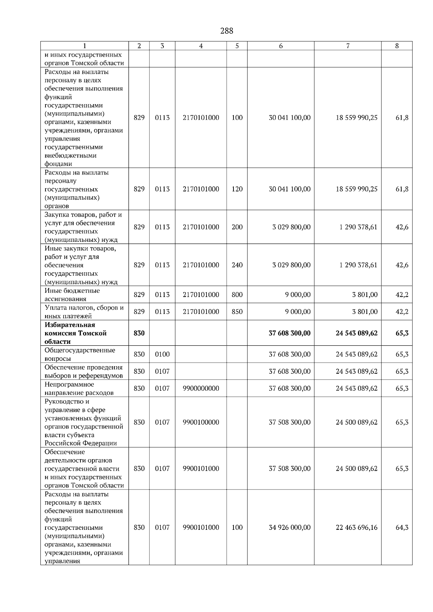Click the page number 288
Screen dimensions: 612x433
click(x=227, y=31)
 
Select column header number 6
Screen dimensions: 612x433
click(x=280, y=46)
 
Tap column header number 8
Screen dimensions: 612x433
click(x=397, y=46)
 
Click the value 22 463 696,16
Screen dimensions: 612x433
click(x=357, y=527)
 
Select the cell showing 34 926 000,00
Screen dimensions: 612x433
click(x=289, y=527)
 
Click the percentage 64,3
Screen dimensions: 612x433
click(x=402, y=527)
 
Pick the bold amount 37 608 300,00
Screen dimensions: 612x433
click(x=289, y=333)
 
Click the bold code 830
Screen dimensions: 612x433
click(x=139, y=333)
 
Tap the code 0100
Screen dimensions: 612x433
click(x=162, y=354)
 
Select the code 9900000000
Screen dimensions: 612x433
click(x=201, y=388)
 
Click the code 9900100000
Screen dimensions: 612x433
click(x=201, y=422)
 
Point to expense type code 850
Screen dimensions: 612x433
click(x=237, y=312)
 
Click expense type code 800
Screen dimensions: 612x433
click(x=237, y=295)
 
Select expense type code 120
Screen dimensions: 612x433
click(x=237, y=189)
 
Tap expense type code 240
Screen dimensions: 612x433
click(x=237, y=265)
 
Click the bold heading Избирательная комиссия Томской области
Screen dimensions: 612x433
click(x=75, y=333)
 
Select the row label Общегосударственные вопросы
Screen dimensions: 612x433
click(x=80, y=354)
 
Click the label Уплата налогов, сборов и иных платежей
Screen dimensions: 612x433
click(x=84, y=312)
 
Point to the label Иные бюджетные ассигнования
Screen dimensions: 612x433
click(x=72, y=295)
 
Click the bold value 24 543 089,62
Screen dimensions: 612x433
click(x=357, y=333)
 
